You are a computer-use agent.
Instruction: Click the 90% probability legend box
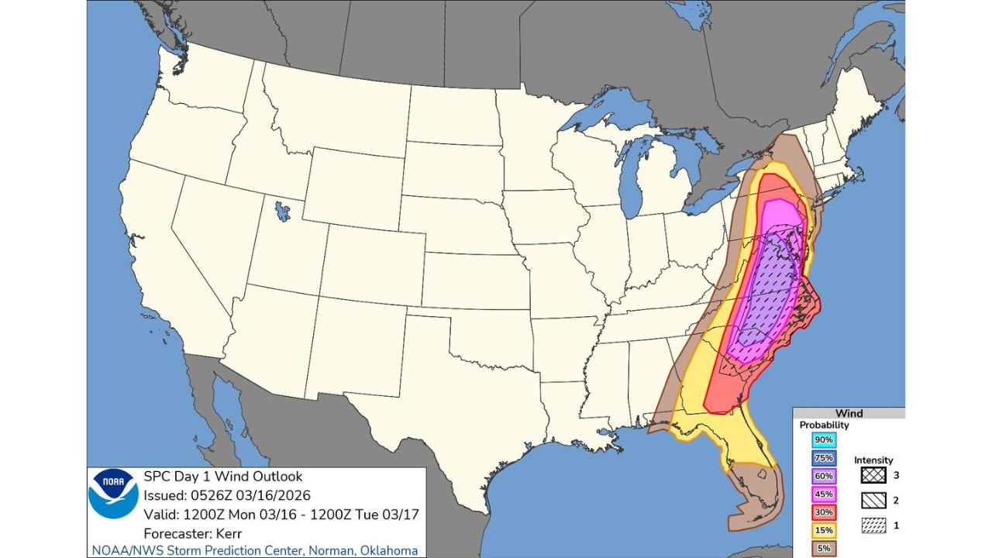pyautogui.click(x=823, y=440)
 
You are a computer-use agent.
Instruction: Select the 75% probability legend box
pyautogui.click(x=823, y=458)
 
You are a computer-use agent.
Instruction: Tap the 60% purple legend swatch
pyautogui.click(x=823, y=476)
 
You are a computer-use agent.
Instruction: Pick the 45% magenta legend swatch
pyautogui.click(x=823, y=494)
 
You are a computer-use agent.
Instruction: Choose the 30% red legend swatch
pyautogui.click(x=823, y=511)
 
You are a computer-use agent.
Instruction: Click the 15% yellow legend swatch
pyautogui.click(x=823, y=529)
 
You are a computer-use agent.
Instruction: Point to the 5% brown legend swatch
pyautogui.click(x=823, y=547)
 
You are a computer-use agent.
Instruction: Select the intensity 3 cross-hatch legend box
pyautogui.click(x=873, y=475)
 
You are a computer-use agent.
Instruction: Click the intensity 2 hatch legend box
pyautogui.click(x=873, y=500)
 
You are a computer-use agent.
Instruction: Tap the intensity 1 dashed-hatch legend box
pyautogui.click(x=873, y=525)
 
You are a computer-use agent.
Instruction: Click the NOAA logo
pyautogui.click(x=113, y=493)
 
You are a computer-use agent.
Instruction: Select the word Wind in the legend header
pyautogui.click(x=849, y=414)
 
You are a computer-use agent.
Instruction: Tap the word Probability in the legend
pyautogui.click(x=824, y=425)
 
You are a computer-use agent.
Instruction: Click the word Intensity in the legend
pyautogui.click(x=873, y=460)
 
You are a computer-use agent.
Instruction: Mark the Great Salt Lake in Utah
pyautogui.click(x=283, y=211)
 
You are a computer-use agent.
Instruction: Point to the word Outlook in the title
pyautogui.click(x=277, y=477)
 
